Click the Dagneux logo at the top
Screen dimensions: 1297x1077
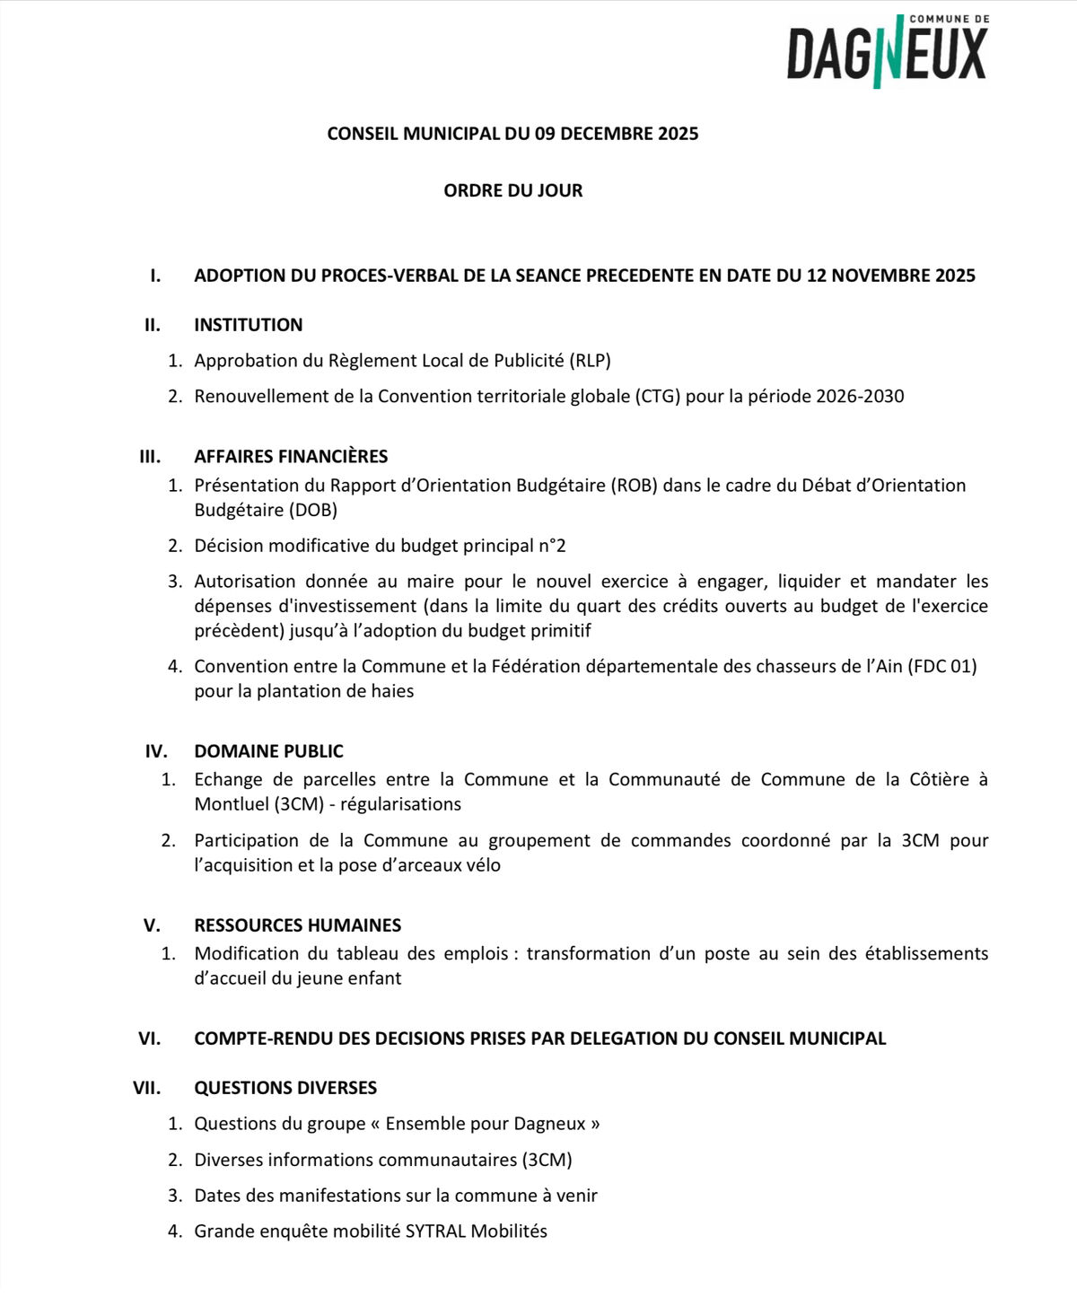887,52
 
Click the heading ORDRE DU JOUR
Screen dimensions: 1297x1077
512,190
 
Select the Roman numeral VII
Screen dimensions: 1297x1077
147,1088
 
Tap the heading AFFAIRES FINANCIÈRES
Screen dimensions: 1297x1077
291,456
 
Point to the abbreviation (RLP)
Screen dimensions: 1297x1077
590,361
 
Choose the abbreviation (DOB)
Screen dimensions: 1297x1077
313,510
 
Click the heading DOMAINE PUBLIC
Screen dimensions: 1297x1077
268,751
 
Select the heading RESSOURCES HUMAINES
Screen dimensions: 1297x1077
297,925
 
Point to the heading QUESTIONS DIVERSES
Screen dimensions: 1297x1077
285,1088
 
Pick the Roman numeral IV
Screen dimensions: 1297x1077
156,751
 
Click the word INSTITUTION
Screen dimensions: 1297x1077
248,325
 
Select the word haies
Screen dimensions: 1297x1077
391,691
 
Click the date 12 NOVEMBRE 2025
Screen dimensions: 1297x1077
890,276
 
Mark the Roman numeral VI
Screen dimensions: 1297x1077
150,1038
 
